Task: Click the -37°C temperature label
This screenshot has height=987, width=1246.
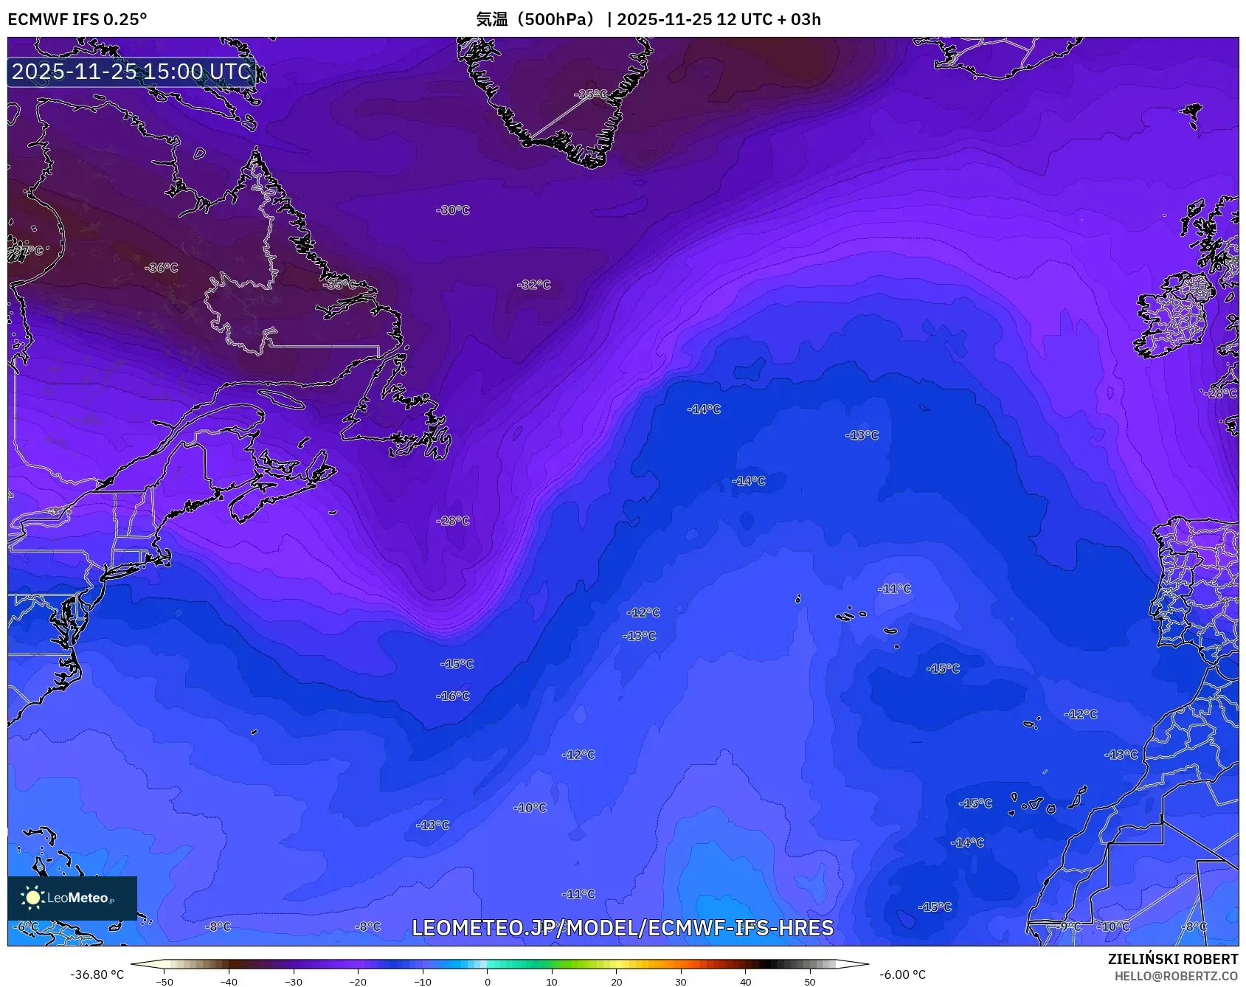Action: point(28,251)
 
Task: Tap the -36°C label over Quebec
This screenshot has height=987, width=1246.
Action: point(162,268)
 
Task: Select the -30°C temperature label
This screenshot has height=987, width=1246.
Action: point(453,210)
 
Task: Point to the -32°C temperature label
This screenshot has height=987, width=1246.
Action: point(534,285)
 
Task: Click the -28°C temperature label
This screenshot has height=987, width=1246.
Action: point(453,521)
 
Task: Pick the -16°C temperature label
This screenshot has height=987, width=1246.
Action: point(453,696)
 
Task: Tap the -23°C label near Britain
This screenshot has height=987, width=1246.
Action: point(1220,393)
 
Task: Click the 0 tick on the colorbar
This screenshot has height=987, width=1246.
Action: point(487,981)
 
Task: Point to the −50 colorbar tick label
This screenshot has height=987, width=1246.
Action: point(165,981)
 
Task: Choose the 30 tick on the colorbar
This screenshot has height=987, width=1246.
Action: point(680,981)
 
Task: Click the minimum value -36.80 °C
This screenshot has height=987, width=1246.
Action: point(97,974)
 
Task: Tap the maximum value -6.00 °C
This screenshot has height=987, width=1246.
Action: point(901,974)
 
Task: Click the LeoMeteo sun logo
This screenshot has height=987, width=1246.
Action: point(32,898)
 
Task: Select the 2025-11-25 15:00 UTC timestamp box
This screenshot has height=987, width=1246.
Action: point(131,72)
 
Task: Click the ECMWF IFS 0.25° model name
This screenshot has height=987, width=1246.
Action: point(77,19)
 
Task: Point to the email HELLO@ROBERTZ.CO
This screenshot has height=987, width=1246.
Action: point(1176,976)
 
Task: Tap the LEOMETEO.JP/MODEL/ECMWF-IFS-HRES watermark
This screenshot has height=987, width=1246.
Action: point(622,928)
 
